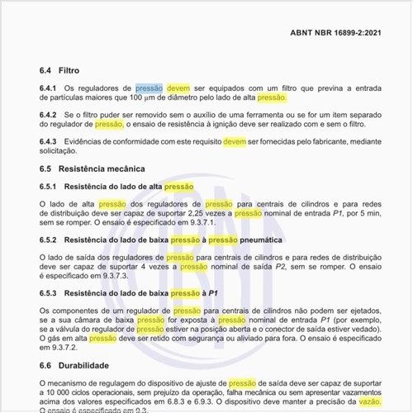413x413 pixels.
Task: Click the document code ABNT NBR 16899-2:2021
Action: coord(335,33)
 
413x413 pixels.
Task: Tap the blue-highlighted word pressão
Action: coord(149,87)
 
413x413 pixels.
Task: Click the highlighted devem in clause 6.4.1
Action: coord(178,87)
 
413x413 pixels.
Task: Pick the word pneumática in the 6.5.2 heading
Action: coord(261,240)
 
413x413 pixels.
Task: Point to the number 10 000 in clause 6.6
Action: coord(61,392)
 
